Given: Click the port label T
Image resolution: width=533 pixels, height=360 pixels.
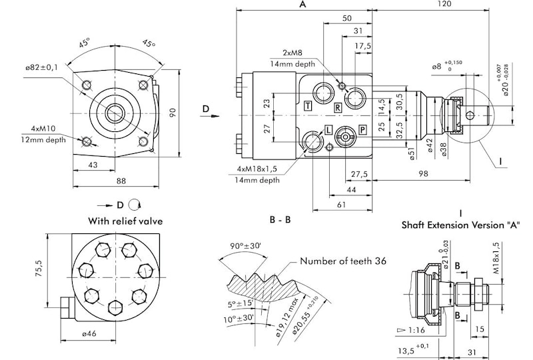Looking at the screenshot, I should click(x=308, y=106).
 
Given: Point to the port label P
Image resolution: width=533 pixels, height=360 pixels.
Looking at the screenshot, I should click(x=362, y=129).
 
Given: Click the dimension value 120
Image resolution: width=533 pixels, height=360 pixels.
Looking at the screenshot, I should click(x=444, y=5).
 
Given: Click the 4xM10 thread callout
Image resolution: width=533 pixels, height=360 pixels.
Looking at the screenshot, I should click(x=43, y=128).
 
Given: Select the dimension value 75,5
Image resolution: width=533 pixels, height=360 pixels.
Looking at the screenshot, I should click(x=39, y=267).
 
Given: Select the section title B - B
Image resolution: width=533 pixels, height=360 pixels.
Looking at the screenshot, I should click(x=280, y=219).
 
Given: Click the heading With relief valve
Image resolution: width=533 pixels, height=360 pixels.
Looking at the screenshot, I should click(x=126, y=221).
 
